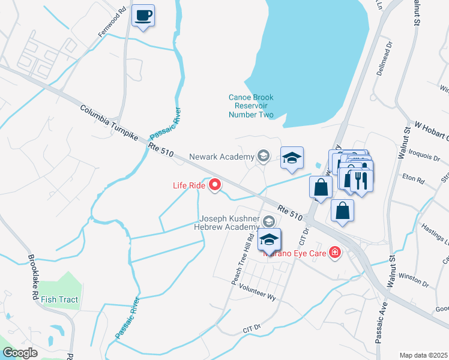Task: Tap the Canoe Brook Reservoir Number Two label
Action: click(x=251, y=106)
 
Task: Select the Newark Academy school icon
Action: click(x=263, y=157)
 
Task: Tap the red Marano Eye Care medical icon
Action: click(x=334, y=253)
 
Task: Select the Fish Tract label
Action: click(x=60, y=299)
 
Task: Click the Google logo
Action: click(x=20, y=352)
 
